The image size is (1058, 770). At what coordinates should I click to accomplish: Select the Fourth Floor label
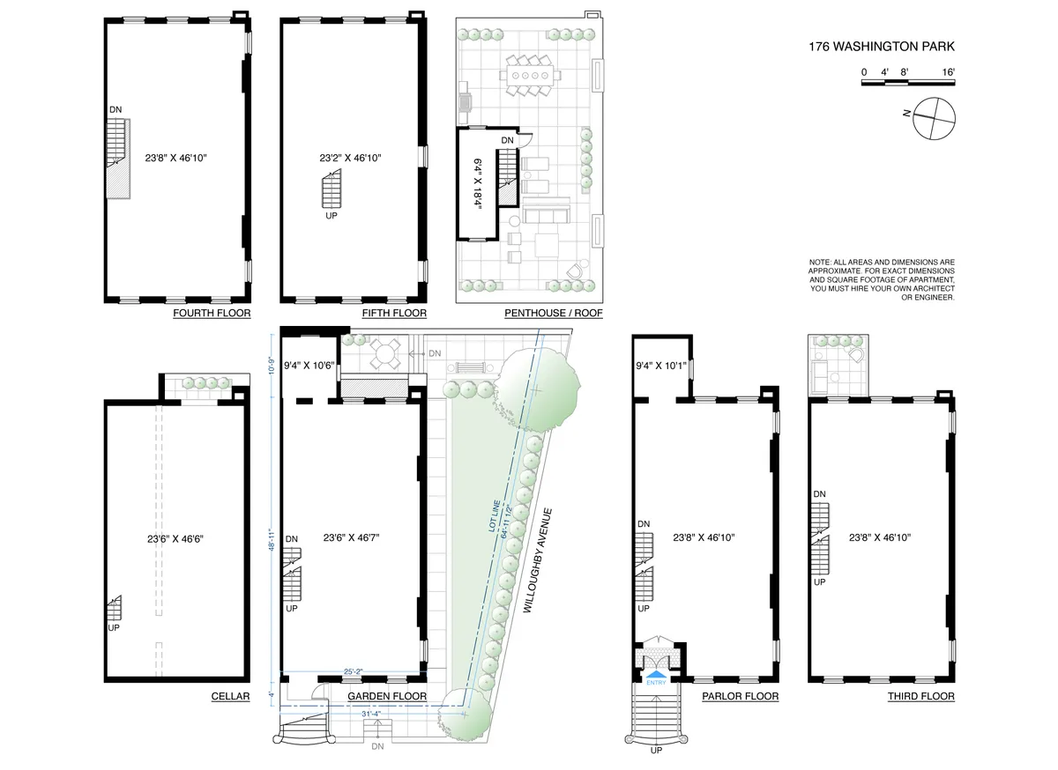coord(212,314)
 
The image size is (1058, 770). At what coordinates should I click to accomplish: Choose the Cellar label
coord(230,696)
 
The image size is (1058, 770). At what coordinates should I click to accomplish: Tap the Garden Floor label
coord(387,696)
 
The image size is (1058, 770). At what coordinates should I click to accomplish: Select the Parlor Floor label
coord(740,696)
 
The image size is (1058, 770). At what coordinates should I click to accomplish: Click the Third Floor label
coord(920,696)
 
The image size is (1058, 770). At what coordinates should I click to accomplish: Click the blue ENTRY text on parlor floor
coord(657,681)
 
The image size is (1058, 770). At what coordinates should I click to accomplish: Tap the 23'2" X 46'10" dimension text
coord(356,159)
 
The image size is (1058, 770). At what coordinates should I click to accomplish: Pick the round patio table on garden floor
coord(384,355)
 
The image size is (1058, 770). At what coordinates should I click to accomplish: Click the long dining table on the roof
coord(529,77)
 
